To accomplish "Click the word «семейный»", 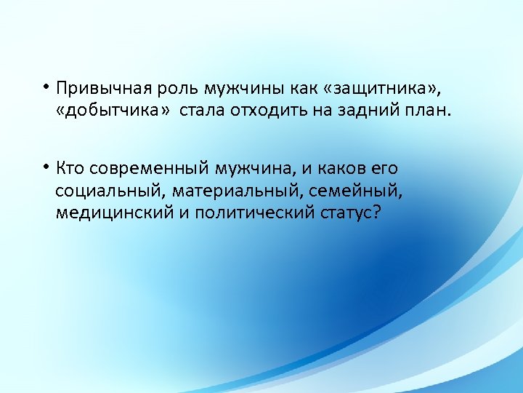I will pyautogui.click(x=355, y=191).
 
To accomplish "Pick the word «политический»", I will pyautogui.click(x=249, y=213).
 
